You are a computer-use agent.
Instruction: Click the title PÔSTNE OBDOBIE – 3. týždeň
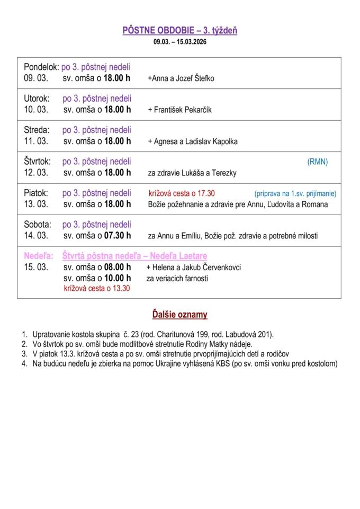coord(180,31)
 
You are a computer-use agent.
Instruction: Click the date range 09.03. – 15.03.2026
coord(180,41)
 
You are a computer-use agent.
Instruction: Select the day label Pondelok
coord(41,67)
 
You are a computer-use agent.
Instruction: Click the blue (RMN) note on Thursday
coord(317,162)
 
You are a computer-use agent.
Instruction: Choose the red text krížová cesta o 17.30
coord(182,193)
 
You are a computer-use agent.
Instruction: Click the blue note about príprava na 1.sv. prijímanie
coord(295,193)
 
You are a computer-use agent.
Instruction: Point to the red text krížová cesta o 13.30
coord(96,288)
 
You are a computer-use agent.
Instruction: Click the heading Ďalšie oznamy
coord(180,315)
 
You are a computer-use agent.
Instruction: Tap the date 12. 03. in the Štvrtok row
coord(36,173)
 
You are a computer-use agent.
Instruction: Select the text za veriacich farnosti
coord(177,278)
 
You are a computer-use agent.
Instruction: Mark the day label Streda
coord(37,130)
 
